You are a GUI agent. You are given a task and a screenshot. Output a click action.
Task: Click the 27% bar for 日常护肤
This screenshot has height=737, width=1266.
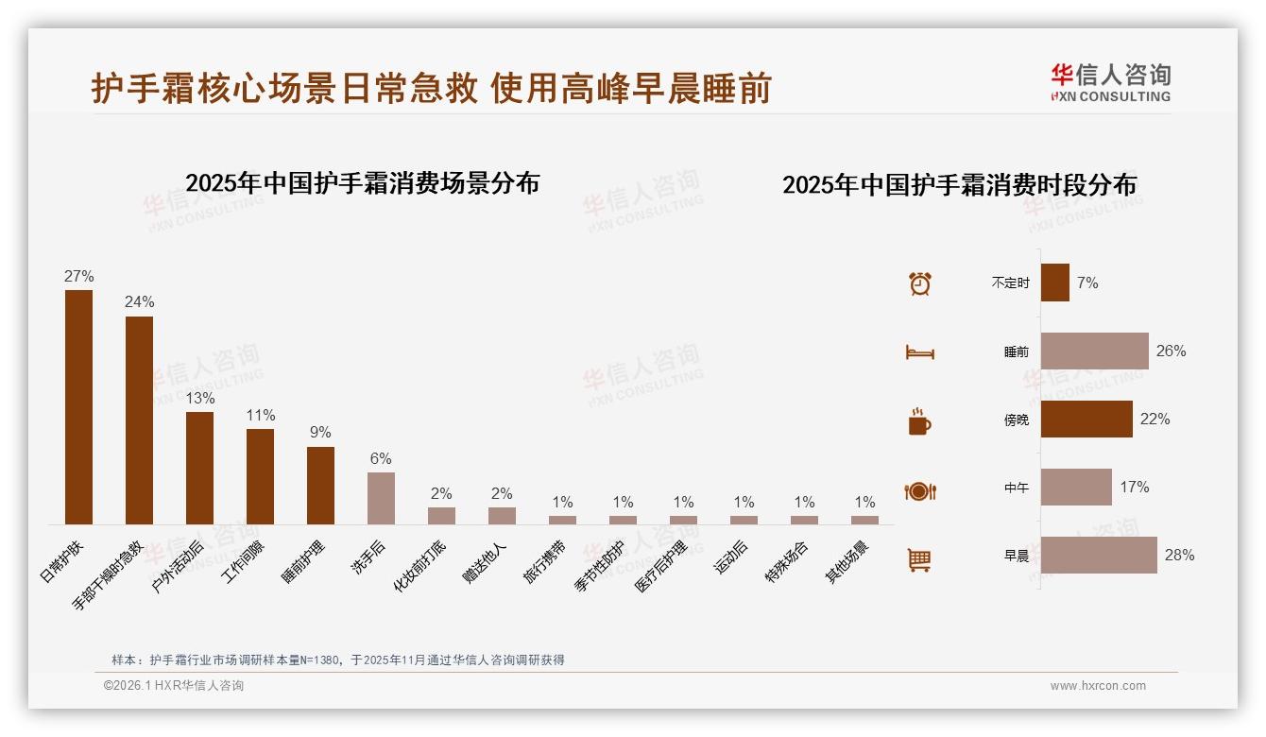(78, 406)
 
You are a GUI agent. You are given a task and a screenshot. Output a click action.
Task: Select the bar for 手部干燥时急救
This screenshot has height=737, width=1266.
(139, 420)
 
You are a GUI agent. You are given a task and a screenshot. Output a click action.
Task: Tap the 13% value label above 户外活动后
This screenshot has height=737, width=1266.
(199, 399)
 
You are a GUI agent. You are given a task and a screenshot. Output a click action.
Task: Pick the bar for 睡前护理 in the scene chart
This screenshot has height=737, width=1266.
(320, 485)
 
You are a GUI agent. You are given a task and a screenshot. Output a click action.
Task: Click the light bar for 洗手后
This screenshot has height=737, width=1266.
(381, 498)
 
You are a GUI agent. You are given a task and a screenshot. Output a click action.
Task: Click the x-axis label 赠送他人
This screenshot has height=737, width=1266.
(486, 562)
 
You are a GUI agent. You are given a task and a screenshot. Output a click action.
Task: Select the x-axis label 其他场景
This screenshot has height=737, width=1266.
(848, 562)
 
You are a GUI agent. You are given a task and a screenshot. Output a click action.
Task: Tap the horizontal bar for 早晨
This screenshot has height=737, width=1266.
(1099, 556)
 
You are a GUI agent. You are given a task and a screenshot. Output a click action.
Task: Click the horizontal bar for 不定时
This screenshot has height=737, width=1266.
(1055, 283)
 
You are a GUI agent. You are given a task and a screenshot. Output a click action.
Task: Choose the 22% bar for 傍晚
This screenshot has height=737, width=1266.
(1086, 419)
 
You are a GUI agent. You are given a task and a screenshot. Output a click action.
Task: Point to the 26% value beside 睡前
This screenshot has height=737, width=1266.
(1171, 351)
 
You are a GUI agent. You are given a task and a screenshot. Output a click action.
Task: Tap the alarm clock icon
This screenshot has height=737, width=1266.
(919, 283)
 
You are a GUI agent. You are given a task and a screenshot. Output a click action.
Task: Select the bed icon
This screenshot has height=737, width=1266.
(919, 352)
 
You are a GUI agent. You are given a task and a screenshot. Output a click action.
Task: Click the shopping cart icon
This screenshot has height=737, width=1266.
(919, 559)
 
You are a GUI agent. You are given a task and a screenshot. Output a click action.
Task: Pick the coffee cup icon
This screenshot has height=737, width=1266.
(919, 421)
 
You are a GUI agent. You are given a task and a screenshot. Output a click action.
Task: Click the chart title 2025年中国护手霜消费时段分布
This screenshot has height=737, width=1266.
(959, 184)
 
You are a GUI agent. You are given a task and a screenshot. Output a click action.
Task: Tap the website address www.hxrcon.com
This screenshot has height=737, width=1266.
(1098, 686)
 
